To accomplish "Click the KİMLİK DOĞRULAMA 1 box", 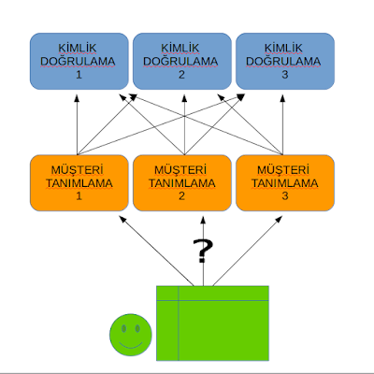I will pyautogui.click(x=79, y=61).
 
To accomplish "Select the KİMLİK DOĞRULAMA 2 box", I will pyautogui.click(x=181, y=61).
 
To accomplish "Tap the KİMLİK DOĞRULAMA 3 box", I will pyautogui.click(x=282, y=61).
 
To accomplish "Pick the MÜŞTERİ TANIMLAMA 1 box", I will pyautogui.click(x=79, y=182).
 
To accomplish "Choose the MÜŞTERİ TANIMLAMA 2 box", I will pyautogui.click(x=181, y=182).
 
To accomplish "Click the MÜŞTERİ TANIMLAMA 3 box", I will pyautogui.click(x=282, y=182).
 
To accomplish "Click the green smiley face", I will pyautogui.click(x=131, y=335).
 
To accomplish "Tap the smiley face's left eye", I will pyautogui.click(x=123, y=328).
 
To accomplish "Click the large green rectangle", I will pyautogui.click(x=212, y=323).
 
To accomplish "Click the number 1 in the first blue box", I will pyautogui.click(x=79, y=75).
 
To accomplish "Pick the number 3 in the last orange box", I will pyautogui.click(x=282, y=196).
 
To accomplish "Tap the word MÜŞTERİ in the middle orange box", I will pyautogui.click(x=181, y=169).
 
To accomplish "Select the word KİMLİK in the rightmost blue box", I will pyautogui.click(x=282, y=48).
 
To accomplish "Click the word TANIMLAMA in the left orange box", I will pyautogui.click(x=79, y=183).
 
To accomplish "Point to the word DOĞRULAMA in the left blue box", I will pyautogui.click(x=79, y=62).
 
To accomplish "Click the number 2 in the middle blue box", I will pyautogui.click(x=181, y=75).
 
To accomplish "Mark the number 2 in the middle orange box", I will pyautogui.click(x=181, y=196).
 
